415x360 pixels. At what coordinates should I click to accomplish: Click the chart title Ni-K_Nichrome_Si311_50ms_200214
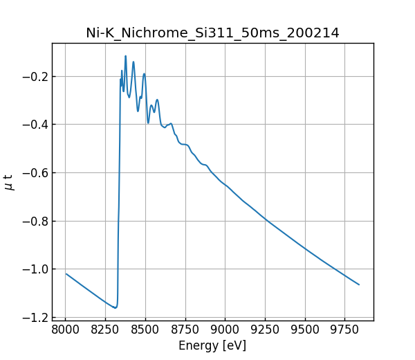coord(212,33)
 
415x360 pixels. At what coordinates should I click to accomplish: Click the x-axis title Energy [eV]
coord(212,345)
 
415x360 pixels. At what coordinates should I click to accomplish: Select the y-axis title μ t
coord(9,182)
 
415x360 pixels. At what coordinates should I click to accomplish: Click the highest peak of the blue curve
coord(125,56)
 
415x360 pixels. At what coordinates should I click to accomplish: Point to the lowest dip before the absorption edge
coord(116,307)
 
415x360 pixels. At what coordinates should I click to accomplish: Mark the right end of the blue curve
coord(359,285)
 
